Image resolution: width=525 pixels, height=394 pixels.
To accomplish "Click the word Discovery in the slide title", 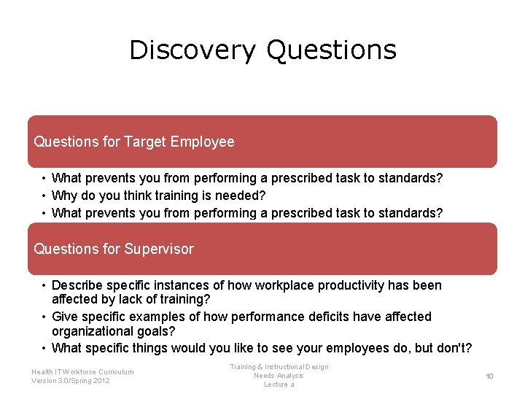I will pyautogui.click(x=192, y=50).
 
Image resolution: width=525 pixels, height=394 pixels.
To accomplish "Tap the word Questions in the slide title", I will pyautogui.click(x=331, y=50).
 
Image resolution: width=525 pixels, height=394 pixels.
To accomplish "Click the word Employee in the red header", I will pyautogui.click(x=203, y=142).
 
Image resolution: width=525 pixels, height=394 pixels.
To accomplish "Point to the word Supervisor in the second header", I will pyautogui.click(x=159, y=249).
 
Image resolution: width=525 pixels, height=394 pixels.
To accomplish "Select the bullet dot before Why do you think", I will pyautogui.click(x=44, y=196).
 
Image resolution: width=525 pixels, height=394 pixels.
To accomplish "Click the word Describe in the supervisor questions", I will pyautogui.click(x=77, y=285).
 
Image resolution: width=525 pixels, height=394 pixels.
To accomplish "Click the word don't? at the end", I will pyautogui.click(x=453, y=348).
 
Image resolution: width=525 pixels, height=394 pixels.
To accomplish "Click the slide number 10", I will pyautogui.click(x=489, y=376).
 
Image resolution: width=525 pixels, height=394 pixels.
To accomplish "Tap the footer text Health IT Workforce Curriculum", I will pyautogui.click(x=82, y=372).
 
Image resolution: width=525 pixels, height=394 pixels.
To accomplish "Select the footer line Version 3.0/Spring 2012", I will pyautogui.click(x=71, y=381).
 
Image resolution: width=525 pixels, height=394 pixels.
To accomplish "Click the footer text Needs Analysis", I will pyautogui.click(x=279, y=376).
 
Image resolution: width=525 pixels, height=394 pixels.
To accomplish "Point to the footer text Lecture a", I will pyautogui.click(x=279, y=385).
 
